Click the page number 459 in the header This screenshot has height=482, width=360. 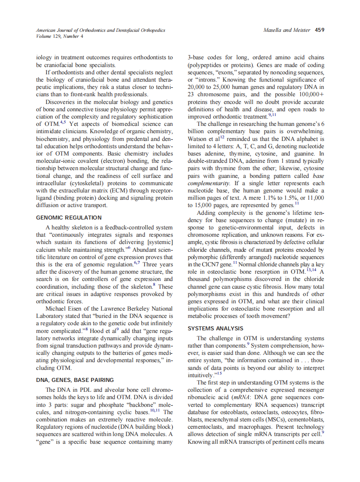[x=319, y=30]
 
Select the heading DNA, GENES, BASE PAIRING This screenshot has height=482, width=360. [x=75, y=380]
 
